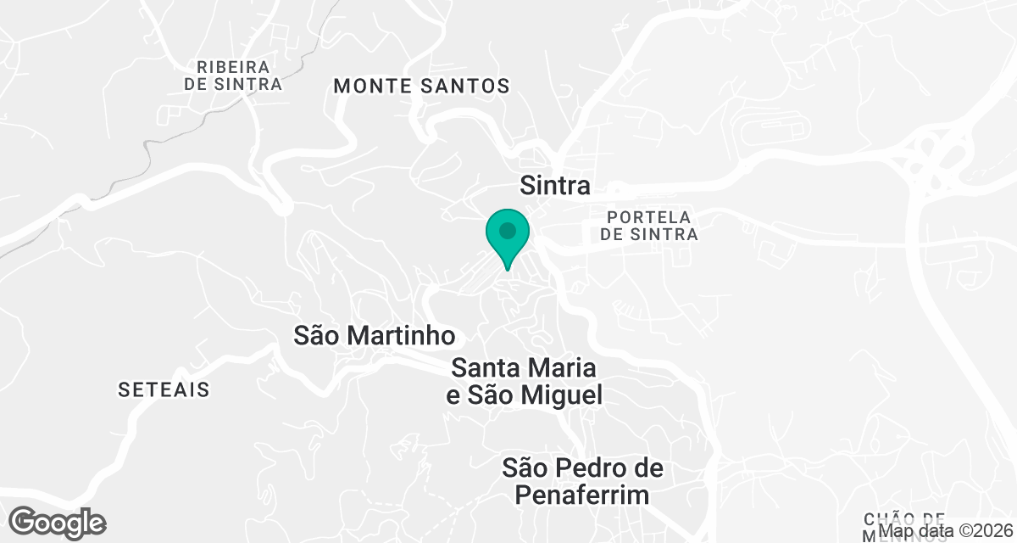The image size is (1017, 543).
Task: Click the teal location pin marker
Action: pos(508,238)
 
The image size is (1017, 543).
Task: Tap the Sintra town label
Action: pos(554,186)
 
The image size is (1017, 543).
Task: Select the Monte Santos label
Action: pos(421,86)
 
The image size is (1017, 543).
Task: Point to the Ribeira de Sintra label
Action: pos(232,76)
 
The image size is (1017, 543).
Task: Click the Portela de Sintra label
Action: pos(649,226)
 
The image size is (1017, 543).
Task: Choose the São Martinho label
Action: pos(374,336)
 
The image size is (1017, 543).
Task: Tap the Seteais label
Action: pos(164,390)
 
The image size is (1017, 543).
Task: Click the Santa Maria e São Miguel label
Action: pos(525,382)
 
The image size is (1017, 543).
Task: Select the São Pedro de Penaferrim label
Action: pos(581,481)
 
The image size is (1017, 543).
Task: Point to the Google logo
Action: pos(58,522)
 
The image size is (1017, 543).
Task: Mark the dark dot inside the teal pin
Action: pos(508,230)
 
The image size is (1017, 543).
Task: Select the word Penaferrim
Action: pos(581,495)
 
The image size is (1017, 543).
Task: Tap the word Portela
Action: pos(649,217)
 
